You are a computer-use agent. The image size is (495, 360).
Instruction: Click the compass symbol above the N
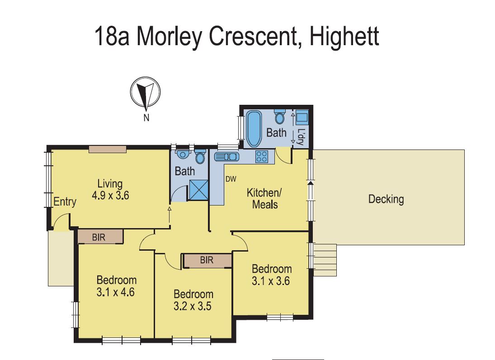145,93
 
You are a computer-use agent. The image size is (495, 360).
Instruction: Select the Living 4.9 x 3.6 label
110,190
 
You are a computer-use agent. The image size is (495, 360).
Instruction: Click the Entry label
65,202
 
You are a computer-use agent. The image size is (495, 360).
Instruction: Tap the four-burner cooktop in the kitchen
262,157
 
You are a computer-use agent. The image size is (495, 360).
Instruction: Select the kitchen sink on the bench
226,157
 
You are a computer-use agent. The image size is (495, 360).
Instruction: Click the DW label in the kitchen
231,179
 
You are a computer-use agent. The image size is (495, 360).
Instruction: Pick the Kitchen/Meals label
264,198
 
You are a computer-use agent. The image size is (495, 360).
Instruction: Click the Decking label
386,199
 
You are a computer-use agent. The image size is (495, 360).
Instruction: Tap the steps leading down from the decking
325,260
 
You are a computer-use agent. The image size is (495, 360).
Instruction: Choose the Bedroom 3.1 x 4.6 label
116,286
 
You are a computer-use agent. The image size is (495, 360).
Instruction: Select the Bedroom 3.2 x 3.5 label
193,299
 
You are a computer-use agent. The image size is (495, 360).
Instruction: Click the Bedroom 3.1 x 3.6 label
271,275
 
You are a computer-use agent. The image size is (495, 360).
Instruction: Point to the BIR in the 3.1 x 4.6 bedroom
100,236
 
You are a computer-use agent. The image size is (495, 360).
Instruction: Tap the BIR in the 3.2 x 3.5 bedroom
207,261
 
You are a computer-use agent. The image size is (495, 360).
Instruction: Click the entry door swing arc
59,222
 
